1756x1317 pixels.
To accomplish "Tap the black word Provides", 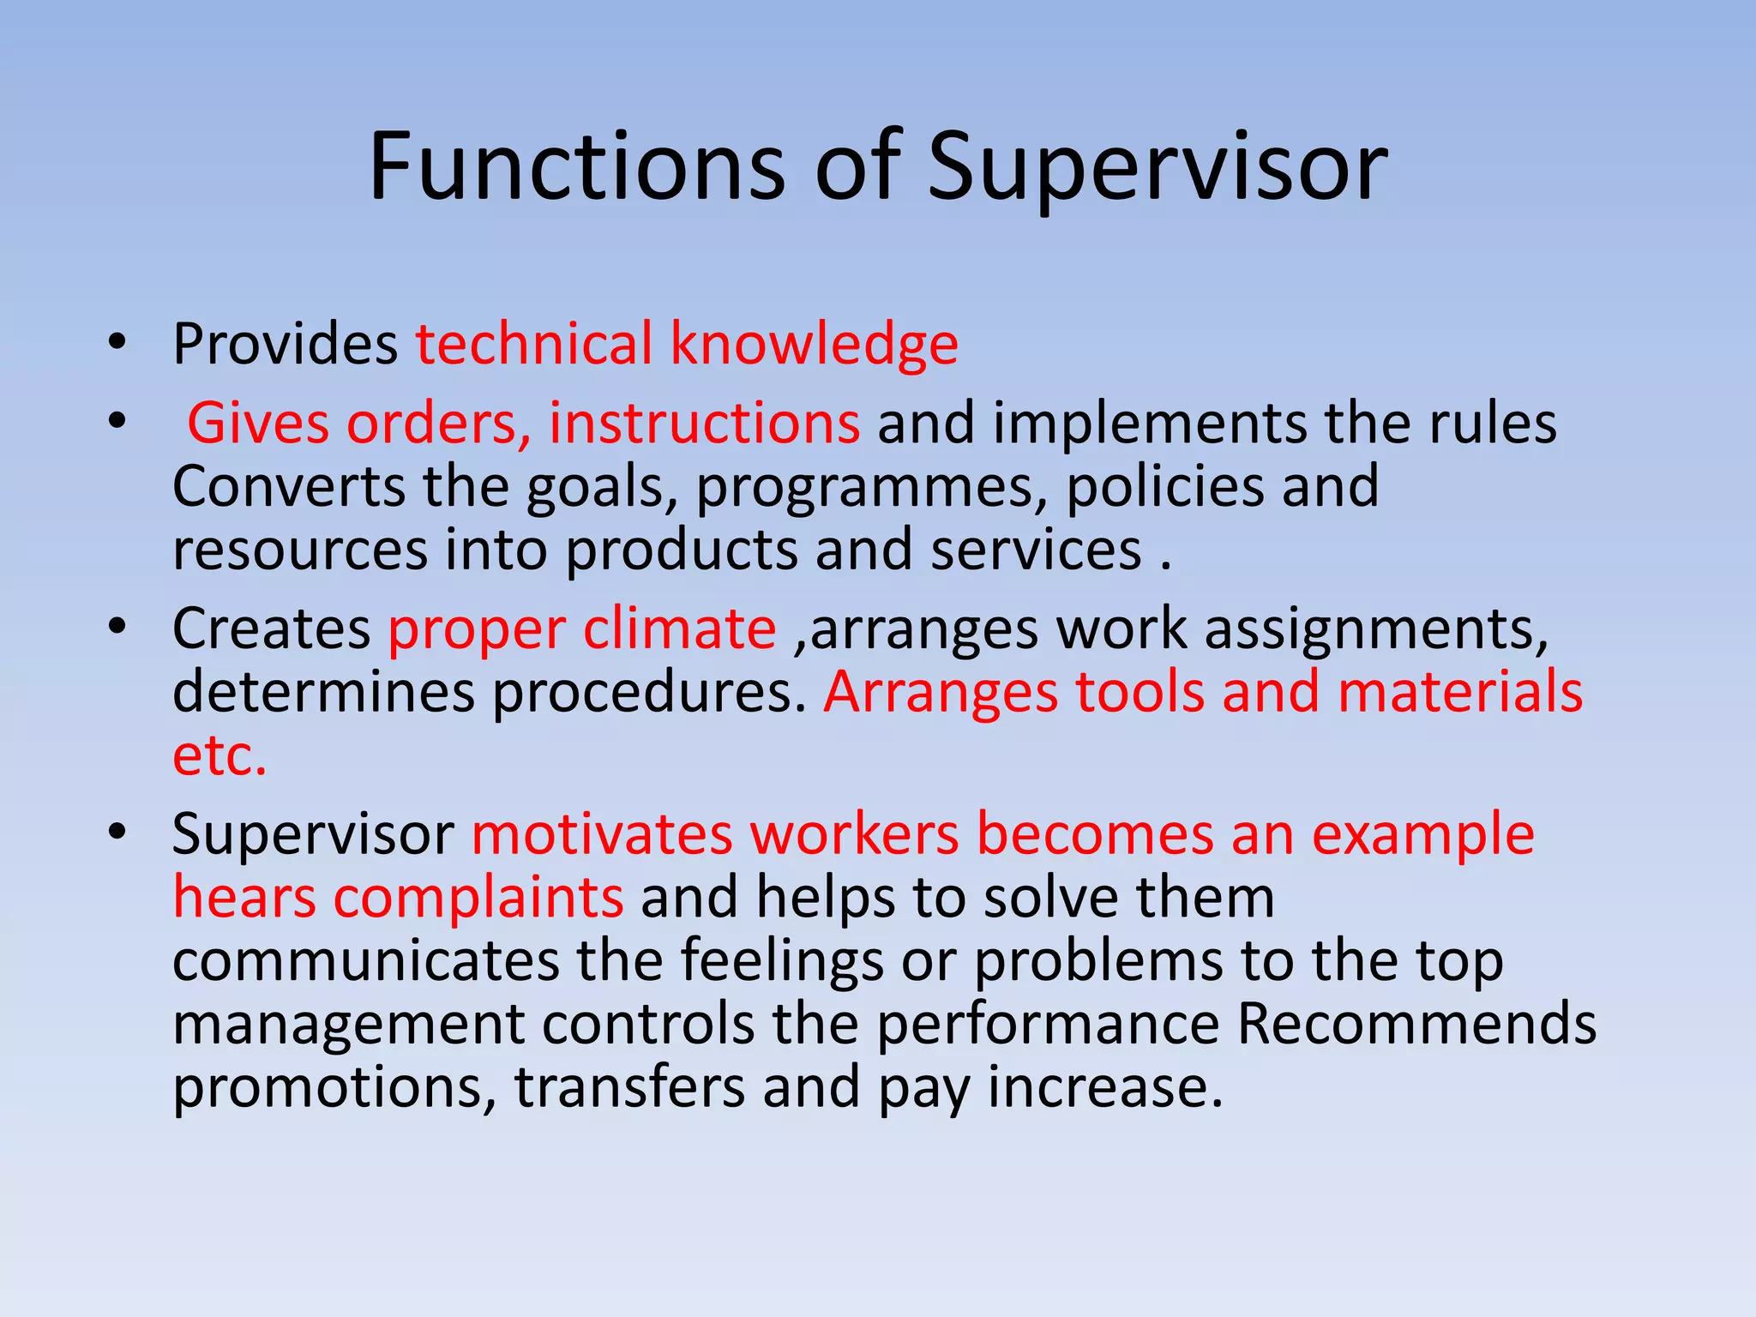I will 285,344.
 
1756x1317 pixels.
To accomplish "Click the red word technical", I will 534,344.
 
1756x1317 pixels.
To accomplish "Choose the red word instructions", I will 704,423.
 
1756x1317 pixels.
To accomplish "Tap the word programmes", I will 871,486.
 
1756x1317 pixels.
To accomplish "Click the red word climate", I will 679,628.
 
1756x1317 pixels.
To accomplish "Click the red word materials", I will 1459,692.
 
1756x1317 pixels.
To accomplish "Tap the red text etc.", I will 219,755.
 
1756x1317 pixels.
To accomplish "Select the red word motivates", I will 602,833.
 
